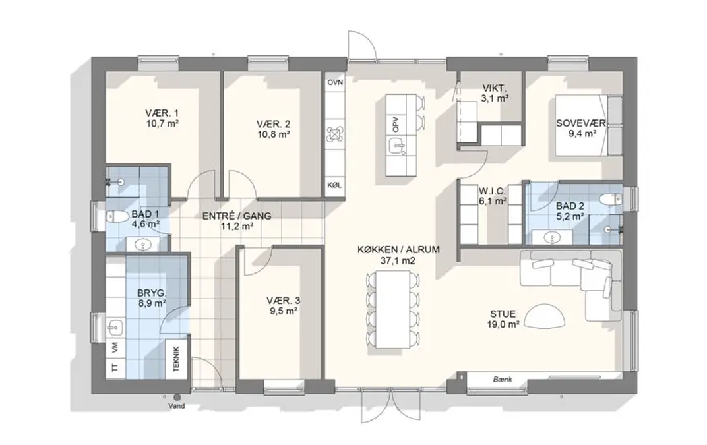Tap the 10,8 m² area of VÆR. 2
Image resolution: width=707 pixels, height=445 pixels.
[x=273, y=134]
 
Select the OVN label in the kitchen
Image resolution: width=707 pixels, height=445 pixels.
[x=335, y=82]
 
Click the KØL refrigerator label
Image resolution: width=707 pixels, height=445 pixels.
[x=334, y=185]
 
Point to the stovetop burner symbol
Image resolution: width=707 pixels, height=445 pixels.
[x=335, y=134]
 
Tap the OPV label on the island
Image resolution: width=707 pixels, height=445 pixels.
[x=396, y=124]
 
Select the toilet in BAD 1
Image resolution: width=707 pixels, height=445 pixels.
[x=116, y=217]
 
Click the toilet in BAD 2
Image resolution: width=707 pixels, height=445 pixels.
[x=612, y=198]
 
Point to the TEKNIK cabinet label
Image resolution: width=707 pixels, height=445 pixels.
[x=176, y=359]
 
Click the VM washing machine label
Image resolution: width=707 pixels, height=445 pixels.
[x=115, y=347]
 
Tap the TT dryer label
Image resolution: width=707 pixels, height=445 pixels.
[x=115, y=368]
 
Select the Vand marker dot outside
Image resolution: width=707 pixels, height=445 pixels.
[x=177, y=398]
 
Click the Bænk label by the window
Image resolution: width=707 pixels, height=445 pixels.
[x=503, y=380]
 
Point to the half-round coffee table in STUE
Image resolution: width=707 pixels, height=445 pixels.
[x=545, y=316]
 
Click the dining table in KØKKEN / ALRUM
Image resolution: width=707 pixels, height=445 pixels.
[x=393, y=309]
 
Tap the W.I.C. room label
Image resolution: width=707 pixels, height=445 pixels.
[x=492, y=191]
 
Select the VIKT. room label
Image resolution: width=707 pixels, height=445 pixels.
[x=495, y=88]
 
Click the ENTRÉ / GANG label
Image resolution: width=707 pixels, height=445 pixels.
[x=237, y=216]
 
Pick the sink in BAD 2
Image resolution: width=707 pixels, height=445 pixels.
[x=551, y=237]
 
